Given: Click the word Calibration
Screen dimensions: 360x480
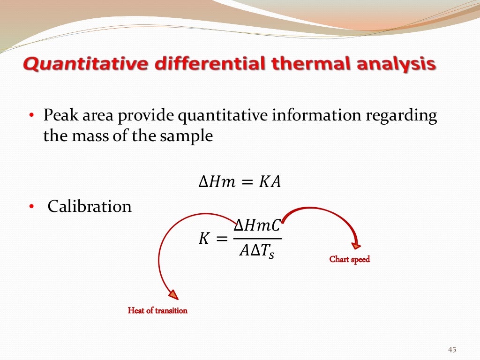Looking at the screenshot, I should click(90, 206).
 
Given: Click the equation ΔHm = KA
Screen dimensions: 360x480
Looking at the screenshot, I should click(240, 182).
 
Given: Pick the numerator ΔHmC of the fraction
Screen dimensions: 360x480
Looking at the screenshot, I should click(257, 226).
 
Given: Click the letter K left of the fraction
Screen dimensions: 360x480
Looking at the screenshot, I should click(204, 239).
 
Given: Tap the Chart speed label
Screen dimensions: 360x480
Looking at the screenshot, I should click(350, 259).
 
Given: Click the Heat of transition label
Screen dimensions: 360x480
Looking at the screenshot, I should click(157, 310).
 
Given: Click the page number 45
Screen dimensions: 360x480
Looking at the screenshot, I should click(452, 350).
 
